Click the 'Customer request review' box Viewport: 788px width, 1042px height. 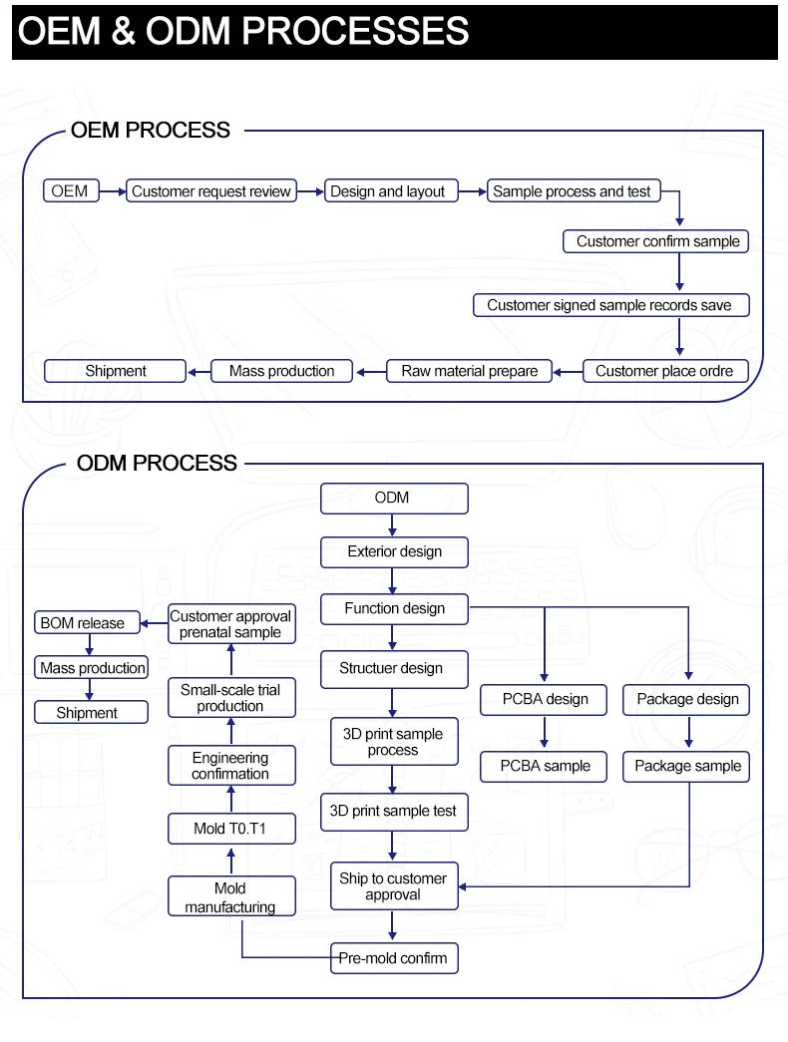click(x=211, y=190)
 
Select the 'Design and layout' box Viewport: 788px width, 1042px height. click(x=391, y=190)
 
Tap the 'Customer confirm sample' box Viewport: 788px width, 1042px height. click(x=655, y=241)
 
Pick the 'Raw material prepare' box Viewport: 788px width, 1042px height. click(x=470, y=371)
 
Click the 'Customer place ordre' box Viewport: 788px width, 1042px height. click(x=665, y=371)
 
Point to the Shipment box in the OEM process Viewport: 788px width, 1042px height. click(x=115, y=371)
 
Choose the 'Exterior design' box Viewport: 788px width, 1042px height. click(x=394, y=552)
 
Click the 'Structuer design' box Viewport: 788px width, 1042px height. click(x=394, y=669)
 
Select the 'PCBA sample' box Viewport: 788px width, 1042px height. click(x=544, y=766)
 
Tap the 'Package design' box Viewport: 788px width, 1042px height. click(x=686, y=700)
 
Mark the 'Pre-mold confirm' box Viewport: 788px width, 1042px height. click(x=394, y=958)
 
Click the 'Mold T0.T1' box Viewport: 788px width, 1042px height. click(x=231, y=829)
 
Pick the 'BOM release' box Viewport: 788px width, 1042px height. click(x=87, y=622)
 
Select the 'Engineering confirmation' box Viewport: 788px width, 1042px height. click(x=231, y=766)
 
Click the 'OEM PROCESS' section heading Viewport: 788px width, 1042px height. click(x=151, y=131)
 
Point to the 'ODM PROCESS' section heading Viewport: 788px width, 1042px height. click(x=157, y=464)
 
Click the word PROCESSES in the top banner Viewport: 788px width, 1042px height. click(x=355, y=31)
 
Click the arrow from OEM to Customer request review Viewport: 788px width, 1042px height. click(x=113, y=191)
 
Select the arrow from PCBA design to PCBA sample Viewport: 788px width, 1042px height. click(x=544, y=732)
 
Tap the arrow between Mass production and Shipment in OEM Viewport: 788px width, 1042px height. click(x=198, y=372)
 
